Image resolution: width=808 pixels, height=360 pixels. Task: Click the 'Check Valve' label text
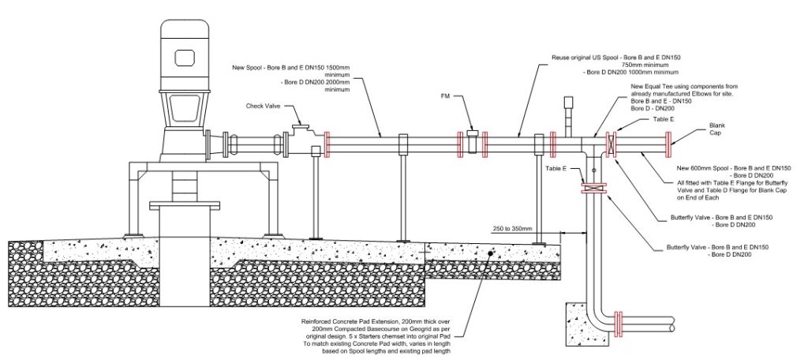click(264, 107)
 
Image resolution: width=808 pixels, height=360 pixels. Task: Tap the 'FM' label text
click(445, 96)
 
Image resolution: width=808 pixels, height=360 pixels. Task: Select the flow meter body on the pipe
click(473, 142)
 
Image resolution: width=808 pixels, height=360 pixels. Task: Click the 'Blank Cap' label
click(717, 129)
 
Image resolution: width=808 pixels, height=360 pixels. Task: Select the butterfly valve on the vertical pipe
click(593, 188)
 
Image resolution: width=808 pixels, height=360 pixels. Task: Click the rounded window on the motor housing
click(185, 58)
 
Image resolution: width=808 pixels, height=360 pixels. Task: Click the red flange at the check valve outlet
click(327, 144)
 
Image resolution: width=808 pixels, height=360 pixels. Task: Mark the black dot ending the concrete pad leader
click(490, 253)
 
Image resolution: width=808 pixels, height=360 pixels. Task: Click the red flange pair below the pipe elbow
click(619, 324)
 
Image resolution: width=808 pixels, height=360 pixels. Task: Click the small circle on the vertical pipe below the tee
click(593, 171)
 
